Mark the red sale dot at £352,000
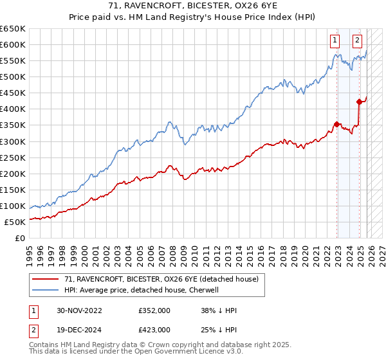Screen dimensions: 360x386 pos(336,124)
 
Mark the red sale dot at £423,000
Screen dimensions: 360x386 pos(359,101)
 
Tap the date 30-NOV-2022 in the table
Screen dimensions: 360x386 pos(80,310)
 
